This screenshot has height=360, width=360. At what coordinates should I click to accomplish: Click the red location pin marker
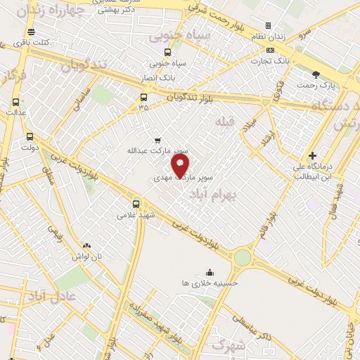point(181,166)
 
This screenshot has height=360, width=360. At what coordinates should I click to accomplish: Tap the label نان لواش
point(86,257)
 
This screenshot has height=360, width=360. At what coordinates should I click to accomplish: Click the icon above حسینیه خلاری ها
point(209,272)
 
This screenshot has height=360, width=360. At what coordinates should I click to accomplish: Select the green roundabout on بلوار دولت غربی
point(242,257)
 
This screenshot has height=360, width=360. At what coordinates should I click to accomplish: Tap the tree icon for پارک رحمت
point(316,74)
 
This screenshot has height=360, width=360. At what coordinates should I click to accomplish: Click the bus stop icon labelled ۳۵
point(144,97)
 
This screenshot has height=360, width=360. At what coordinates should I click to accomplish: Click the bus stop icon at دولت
point(30,136)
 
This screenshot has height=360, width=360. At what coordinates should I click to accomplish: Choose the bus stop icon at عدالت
point(15,101)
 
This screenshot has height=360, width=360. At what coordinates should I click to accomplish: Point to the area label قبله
point(224,120)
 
